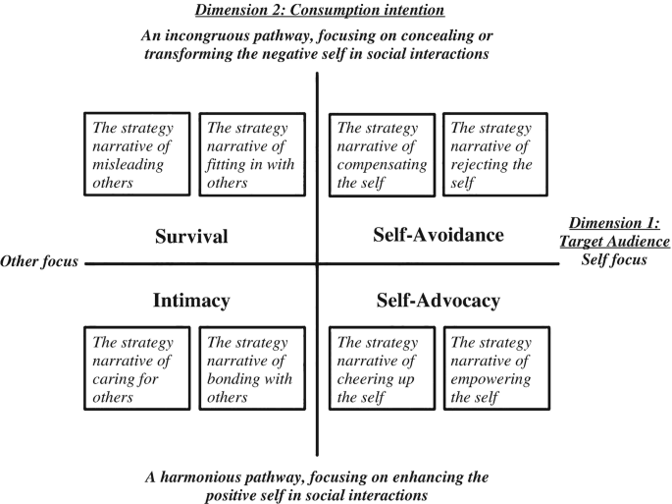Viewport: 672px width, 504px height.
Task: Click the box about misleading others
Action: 134,155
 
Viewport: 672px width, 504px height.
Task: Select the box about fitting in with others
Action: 248,155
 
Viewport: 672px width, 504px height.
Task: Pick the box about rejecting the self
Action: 495,155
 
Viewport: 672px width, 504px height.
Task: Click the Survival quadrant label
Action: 191,237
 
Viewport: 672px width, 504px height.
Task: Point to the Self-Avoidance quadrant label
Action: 439,235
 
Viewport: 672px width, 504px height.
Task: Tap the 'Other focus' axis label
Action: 40,262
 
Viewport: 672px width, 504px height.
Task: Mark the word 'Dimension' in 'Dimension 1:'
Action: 600,223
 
